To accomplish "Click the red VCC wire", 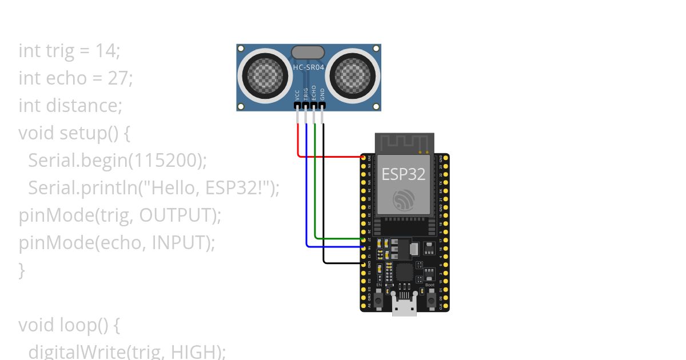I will pos(329,156).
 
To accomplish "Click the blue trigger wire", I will pos(306,189).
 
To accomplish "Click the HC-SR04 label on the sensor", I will pos(309,67).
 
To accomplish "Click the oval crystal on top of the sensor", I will pos(308,53).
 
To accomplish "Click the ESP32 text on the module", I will pos(404,174).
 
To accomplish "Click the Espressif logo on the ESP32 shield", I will pos(404,199).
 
